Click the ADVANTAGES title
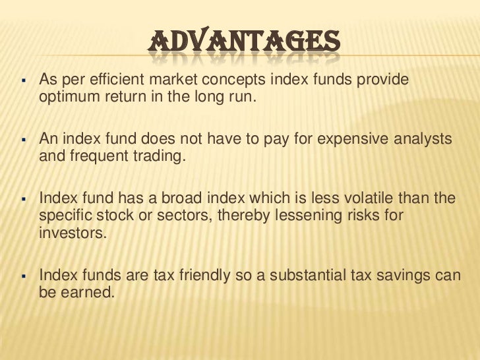pyautogui.click(x=243, y=45)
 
